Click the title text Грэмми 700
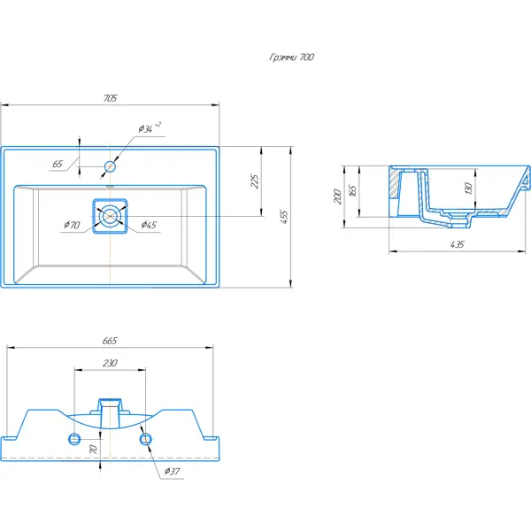pos(291,57)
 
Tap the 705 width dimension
pos(110,98)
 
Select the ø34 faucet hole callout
pos(150,127)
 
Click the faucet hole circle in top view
pos(110,166)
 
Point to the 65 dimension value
pos(58,164)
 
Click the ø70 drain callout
pos(72,225)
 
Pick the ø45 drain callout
pos(149,225)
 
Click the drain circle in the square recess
pos(110,216)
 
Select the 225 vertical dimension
pos(255,181)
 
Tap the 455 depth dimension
pos(284,217)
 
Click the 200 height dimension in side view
pos(338,196)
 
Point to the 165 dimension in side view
pos(352,190)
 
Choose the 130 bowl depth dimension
pos(468,189)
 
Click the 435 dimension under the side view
pos(458,244)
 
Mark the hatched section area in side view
pos(394,183)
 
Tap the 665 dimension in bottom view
pos(110,341)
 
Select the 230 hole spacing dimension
pos(110,363)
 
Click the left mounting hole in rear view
pos(74,439)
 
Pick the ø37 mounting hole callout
pos(172,471)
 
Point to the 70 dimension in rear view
pos(93,449)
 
